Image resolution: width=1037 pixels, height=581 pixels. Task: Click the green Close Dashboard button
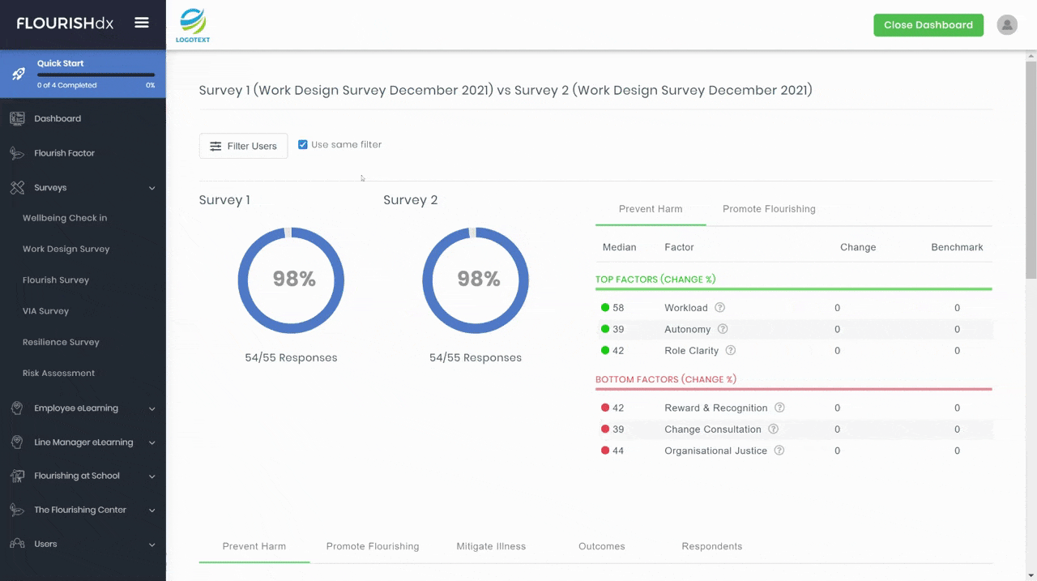click(x=928, y=25)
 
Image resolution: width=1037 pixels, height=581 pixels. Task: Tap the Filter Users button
click(x=243, y=146)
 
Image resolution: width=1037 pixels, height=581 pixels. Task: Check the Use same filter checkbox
click(x=303, y=144)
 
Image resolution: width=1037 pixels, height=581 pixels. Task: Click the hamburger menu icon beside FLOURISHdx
click(x=142, y=22)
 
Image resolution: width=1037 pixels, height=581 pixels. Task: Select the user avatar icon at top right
click(x=1007, y=25)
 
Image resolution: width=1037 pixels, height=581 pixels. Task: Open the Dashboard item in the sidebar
click(x=58, y=118)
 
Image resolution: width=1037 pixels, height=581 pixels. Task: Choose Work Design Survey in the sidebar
click(x=66, y=249)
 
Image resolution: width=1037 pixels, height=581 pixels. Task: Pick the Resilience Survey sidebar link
click(x=61, y=342)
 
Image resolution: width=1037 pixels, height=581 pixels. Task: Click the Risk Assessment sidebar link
click(x=59, y=373)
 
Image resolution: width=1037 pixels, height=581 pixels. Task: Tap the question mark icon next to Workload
click(x=719, y=307)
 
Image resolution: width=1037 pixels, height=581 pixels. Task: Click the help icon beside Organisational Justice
click(x=779, y=450)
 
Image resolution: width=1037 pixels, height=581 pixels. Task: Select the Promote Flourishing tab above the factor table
click(x=769, y=209)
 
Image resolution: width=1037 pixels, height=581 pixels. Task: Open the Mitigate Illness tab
click(x=491, y=546)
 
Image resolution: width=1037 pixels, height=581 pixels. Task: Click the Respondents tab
click(x=712, y=546)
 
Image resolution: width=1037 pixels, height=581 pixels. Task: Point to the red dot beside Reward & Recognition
click(x=605, y=408)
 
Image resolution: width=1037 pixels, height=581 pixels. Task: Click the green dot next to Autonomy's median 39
click(x=605, y=329)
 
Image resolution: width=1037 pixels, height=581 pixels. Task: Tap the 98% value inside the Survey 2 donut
click(x=479, y=279)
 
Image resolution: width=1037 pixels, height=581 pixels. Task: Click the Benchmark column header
click(x=957, y=247)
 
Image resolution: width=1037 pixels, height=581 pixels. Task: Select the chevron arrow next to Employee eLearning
click(x=151, y=408)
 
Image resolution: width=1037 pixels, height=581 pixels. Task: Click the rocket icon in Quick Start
click(x=19, y=74)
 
